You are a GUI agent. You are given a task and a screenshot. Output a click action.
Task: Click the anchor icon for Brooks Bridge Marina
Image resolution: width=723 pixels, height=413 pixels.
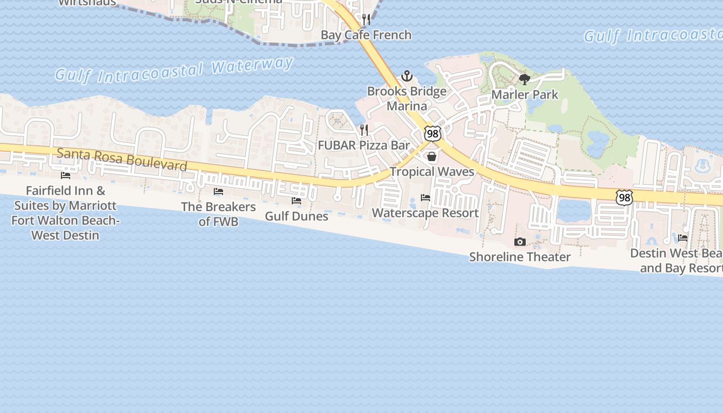pos(407,76)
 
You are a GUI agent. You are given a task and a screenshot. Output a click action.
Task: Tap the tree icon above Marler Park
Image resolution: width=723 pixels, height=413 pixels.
pos(525,79)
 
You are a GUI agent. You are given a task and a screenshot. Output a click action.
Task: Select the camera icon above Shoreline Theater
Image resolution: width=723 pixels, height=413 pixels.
pos(520,242)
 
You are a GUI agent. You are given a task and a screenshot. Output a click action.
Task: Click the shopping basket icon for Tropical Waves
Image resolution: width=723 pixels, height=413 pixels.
pos(432,156)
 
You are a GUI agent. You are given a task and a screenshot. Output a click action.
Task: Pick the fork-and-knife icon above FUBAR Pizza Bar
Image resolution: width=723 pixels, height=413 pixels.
pos(364,130)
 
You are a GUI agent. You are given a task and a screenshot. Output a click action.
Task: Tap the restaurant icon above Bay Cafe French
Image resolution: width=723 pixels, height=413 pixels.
pos(366,20)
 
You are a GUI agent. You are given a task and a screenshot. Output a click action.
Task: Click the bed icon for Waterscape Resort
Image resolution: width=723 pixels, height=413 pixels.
pos(426,198)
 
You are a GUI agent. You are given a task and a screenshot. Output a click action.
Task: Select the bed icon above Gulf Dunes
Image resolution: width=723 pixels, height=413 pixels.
pos(296,201)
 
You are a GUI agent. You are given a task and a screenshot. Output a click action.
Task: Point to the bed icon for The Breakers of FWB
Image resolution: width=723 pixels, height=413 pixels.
pos(218,192)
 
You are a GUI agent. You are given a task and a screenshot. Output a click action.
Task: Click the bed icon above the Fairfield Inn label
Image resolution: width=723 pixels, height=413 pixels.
pos(66,176)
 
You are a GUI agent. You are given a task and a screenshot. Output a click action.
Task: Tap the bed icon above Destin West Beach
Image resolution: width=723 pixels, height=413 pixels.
pos(683,238)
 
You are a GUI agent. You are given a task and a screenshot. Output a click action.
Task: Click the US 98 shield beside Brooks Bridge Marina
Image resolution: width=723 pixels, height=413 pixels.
pos(433,133)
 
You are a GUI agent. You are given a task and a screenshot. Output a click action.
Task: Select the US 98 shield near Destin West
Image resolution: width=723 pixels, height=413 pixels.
pos(624,197)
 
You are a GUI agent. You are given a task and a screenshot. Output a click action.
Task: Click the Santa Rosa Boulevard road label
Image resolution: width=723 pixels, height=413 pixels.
pos(122,159)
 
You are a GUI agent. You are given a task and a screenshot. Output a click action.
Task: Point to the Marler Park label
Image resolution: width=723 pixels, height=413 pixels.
pos(525,94)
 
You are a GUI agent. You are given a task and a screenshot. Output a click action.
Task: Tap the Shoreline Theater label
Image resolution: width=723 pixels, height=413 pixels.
pos(520,257)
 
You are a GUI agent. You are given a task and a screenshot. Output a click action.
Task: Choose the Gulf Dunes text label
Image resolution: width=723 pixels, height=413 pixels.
pos(296,216)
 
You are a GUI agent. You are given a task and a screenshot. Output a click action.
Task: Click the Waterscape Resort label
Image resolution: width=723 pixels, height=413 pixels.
pos(425,213)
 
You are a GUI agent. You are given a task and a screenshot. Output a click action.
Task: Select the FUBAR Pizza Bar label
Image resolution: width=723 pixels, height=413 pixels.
pos(364,145)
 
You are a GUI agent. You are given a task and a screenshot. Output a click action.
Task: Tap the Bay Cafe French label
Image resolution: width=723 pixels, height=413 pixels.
pos(366,35)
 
